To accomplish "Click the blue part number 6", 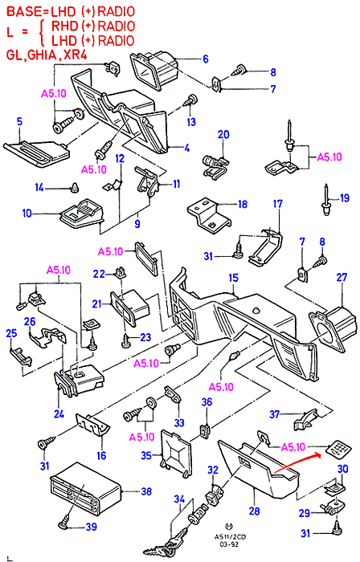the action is (x=206, y=59).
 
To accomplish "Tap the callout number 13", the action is (x=191, y=122).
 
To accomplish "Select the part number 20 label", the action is (x=223, y=135).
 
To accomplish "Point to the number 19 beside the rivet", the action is (x=344, y=198).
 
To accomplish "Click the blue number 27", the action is (x=342, y=278).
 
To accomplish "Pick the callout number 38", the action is (x=146, y=491).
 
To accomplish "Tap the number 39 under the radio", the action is (x=91, y=527).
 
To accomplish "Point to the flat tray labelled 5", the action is (x=36, y=153).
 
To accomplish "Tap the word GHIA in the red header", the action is (x=42, y=55).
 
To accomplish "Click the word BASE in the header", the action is (x=24, y=11).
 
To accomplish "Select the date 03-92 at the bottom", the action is (x=227, y=544).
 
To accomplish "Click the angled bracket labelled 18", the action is (x=209, y=214).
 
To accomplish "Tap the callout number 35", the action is (x=146, y=455).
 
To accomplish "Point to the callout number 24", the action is (x=59, y=414).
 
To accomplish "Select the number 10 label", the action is (x=27, y=214).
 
